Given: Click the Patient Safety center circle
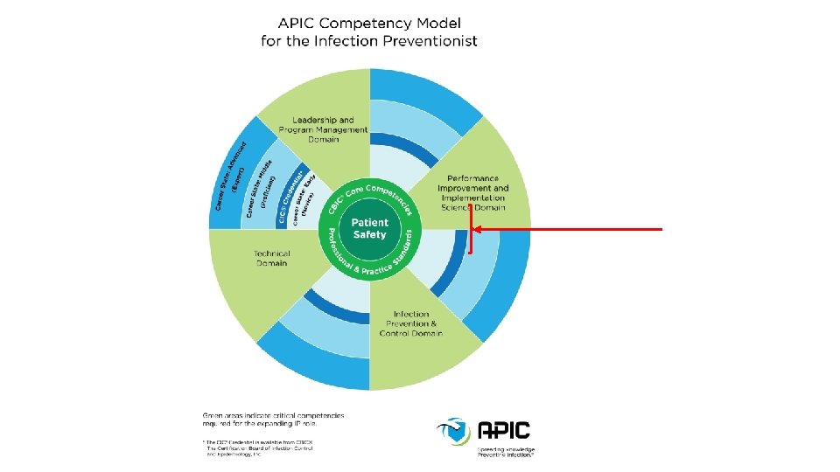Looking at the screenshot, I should (369, 229).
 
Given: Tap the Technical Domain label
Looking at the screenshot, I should (271, 258).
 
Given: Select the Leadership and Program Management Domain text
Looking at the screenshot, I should (323, 129).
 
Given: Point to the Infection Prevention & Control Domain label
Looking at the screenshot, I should (411, 323).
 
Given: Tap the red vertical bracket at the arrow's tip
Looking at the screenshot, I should (471, 229).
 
